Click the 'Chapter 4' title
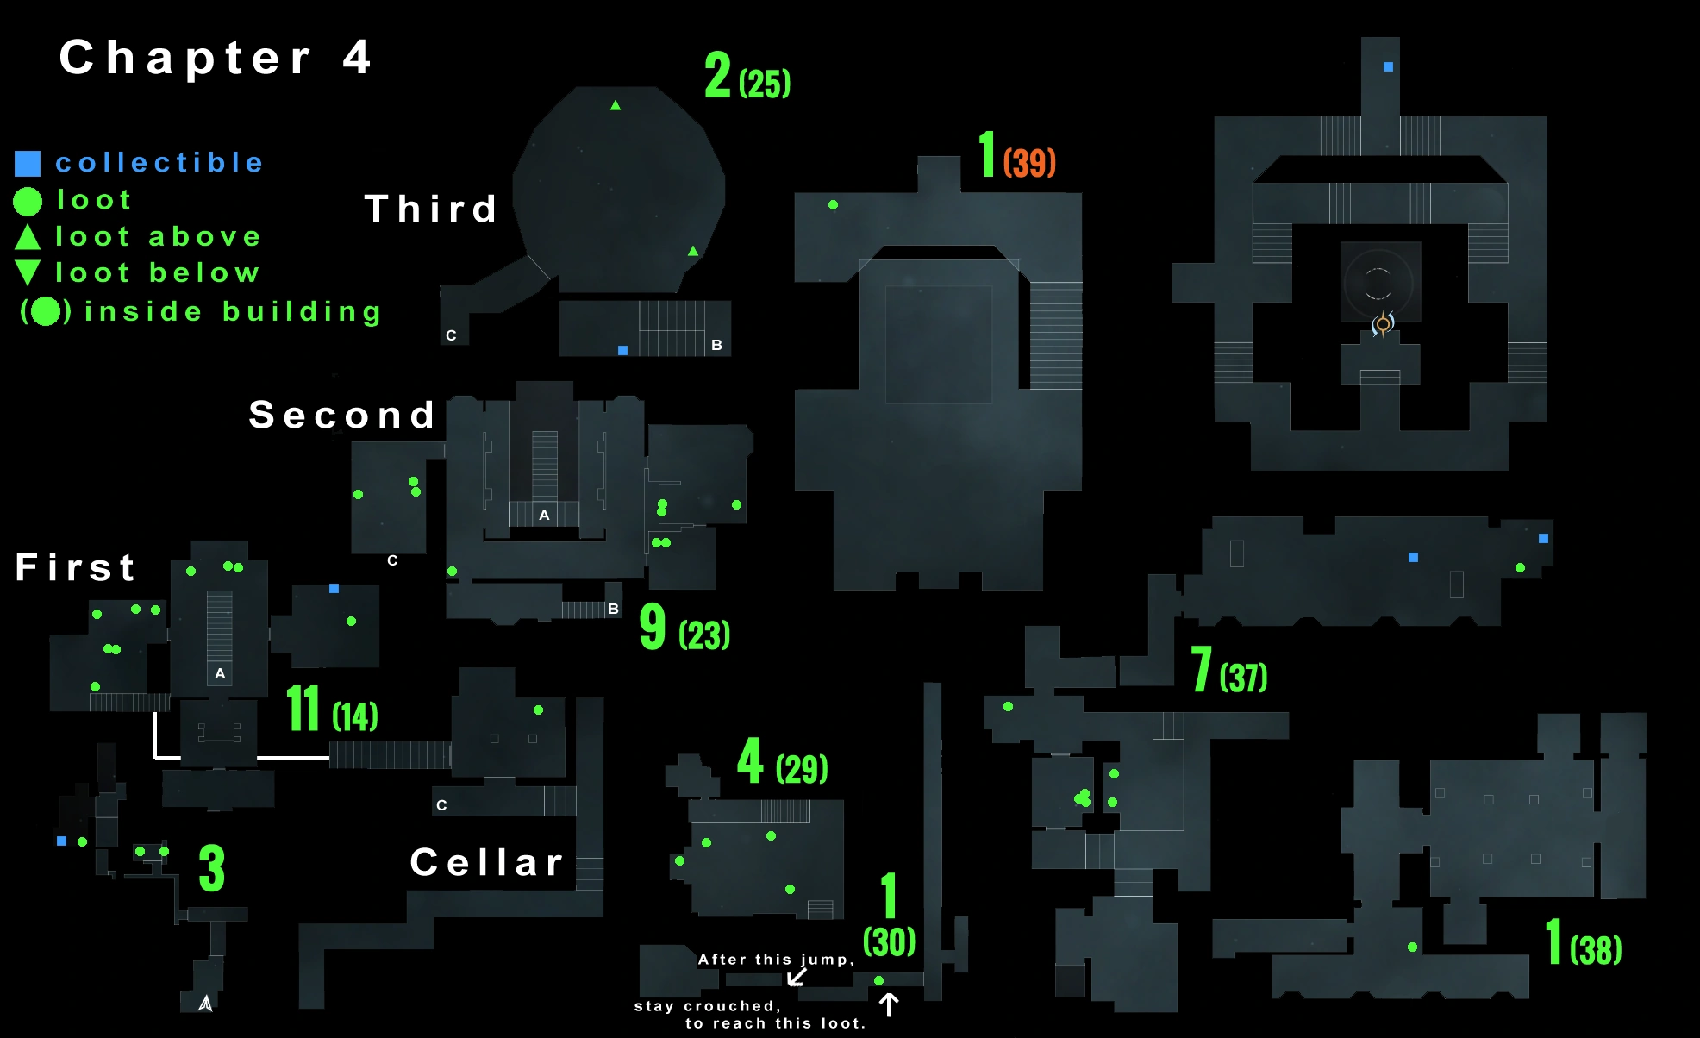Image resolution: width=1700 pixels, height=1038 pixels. pos(216,59)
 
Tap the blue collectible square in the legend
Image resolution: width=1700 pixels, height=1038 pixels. pos(28,163)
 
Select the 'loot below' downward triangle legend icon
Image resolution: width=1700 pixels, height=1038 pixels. pos(28,272)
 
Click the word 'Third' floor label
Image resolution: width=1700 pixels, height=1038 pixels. pos(431,209)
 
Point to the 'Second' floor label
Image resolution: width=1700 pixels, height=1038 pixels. pos(342,416)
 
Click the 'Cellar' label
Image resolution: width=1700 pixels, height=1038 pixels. pos(487,863)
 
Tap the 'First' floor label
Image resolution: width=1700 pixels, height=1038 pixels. pos(76,567)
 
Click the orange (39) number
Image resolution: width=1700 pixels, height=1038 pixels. pos(1029,162)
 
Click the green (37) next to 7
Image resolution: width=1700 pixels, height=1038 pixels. pos(1243,678)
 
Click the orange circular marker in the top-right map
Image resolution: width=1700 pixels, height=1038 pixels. pos(1383,324)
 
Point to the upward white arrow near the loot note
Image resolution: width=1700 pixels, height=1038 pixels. pos(889,1004)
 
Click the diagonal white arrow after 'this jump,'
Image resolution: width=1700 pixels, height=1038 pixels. pos(797,977)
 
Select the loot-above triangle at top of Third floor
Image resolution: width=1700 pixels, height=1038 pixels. pos(616,105)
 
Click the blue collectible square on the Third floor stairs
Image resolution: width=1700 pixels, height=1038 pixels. pos(622,350)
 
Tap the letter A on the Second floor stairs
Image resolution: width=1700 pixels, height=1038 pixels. pos(544,515)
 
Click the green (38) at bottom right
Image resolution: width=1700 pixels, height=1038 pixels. pos(1596,950)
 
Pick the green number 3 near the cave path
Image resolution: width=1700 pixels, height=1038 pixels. pos(212,868)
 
